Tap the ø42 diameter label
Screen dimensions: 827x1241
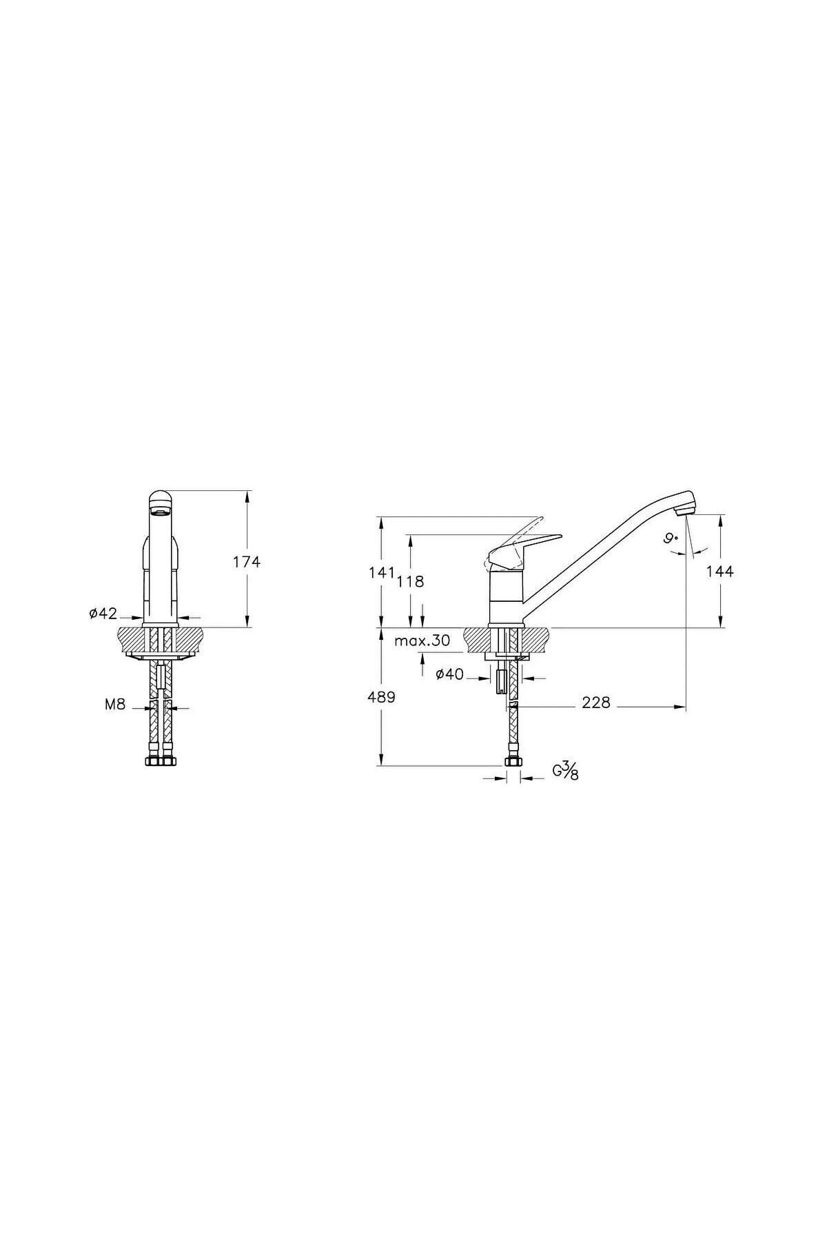pyautogui.click(x=103, y=614)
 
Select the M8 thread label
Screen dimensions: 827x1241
pyautogui.click(x=115, y=705)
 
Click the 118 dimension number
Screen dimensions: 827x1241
pyautogui.click(x=410, y=581)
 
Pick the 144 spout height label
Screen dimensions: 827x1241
pyautogui.click(x=719, y=572)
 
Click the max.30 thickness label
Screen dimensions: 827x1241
pyautogui.click(x=422, y=640)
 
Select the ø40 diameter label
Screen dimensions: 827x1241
pyautogui.click(x=449, y=674)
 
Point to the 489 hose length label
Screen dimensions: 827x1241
pyautogui.click(x=381, y=697)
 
